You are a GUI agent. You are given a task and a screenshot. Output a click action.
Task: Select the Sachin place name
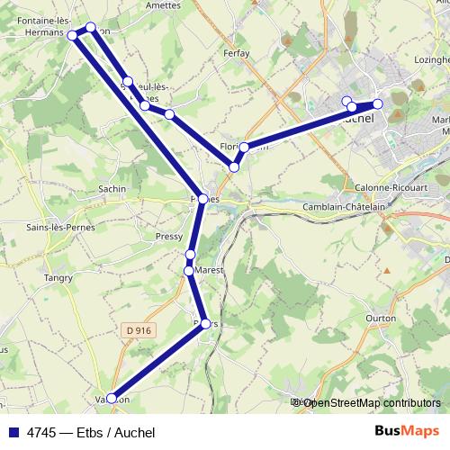pyautogui.click(x=112, y=189)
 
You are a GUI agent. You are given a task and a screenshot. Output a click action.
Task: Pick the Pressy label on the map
pyautogui.click(x=168, y=237)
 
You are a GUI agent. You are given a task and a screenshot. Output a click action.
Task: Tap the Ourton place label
pyautogui.click(x=381, y=318)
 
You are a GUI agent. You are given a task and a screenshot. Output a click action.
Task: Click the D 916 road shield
pyautogui.click(x=139, y=331)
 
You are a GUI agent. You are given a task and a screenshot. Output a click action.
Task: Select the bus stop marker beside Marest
pyautogui.click(x=189, y=270)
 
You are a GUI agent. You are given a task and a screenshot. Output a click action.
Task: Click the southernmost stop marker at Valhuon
pyautogui.click(x=112, y=398)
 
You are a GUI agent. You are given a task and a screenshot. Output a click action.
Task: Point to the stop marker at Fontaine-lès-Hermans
pyautogui.click(x=73, y=35)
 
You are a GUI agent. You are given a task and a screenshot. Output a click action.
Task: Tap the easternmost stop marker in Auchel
pyautogui.click(x=378, y=104)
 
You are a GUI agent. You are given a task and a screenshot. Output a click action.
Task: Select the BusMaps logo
pyautogui.click(x=407, y=431)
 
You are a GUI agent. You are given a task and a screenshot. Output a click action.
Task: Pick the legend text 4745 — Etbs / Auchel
pyautogui.click(x=91, y=432)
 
